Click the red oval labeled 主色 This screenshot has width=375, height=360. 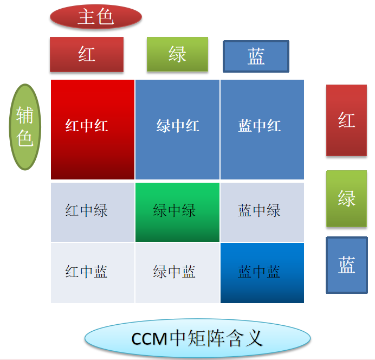click(x=96, y=17)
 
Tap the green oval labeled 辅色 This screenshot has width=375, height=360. click(x=25, y=127)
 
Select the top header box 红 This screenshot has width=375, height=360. click(x=87, y=54)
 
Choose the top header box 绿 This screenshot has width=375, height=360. click(x=177, y=54)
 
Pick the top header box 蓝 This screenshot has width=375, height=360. click(x=256, y=56)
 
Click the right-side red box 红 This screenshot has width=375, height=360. click(x=346, y=120)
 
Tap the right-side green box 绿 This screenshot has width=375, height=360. click(x=346, y=198)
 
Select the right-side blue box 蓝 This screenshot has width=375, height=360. click(x=346, y=265)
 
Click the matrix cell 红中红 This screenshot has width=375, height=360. click(x=93, y=130)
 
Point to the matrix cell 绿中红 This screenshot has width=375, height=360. click(x=177, y=130)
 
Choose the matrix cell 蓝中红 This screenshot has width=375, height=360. click(x=262, y=130)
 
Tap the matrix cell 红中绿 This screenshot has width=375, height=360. click(x=93, y=212)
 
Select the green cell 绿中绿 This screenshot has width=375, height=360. click(x=177, y=212)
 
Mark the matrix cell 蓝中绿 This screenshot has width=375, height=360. click(x=262, y=212)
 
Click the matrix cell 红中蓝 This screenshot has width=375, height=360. click(x=93, y=273)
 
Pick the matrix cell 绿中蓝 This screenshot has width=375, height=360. click(x=177, y=273)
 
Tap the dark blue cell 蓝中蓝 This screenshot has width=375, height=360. click(x=262, y=273)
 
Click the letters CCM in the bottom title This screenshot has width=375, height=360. click(x=149, y=339)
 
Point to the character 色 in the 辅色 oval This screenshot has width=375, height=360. click(x=25, y=138)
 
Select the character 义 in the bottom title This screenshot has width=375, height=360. click(x=255, y=338)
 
